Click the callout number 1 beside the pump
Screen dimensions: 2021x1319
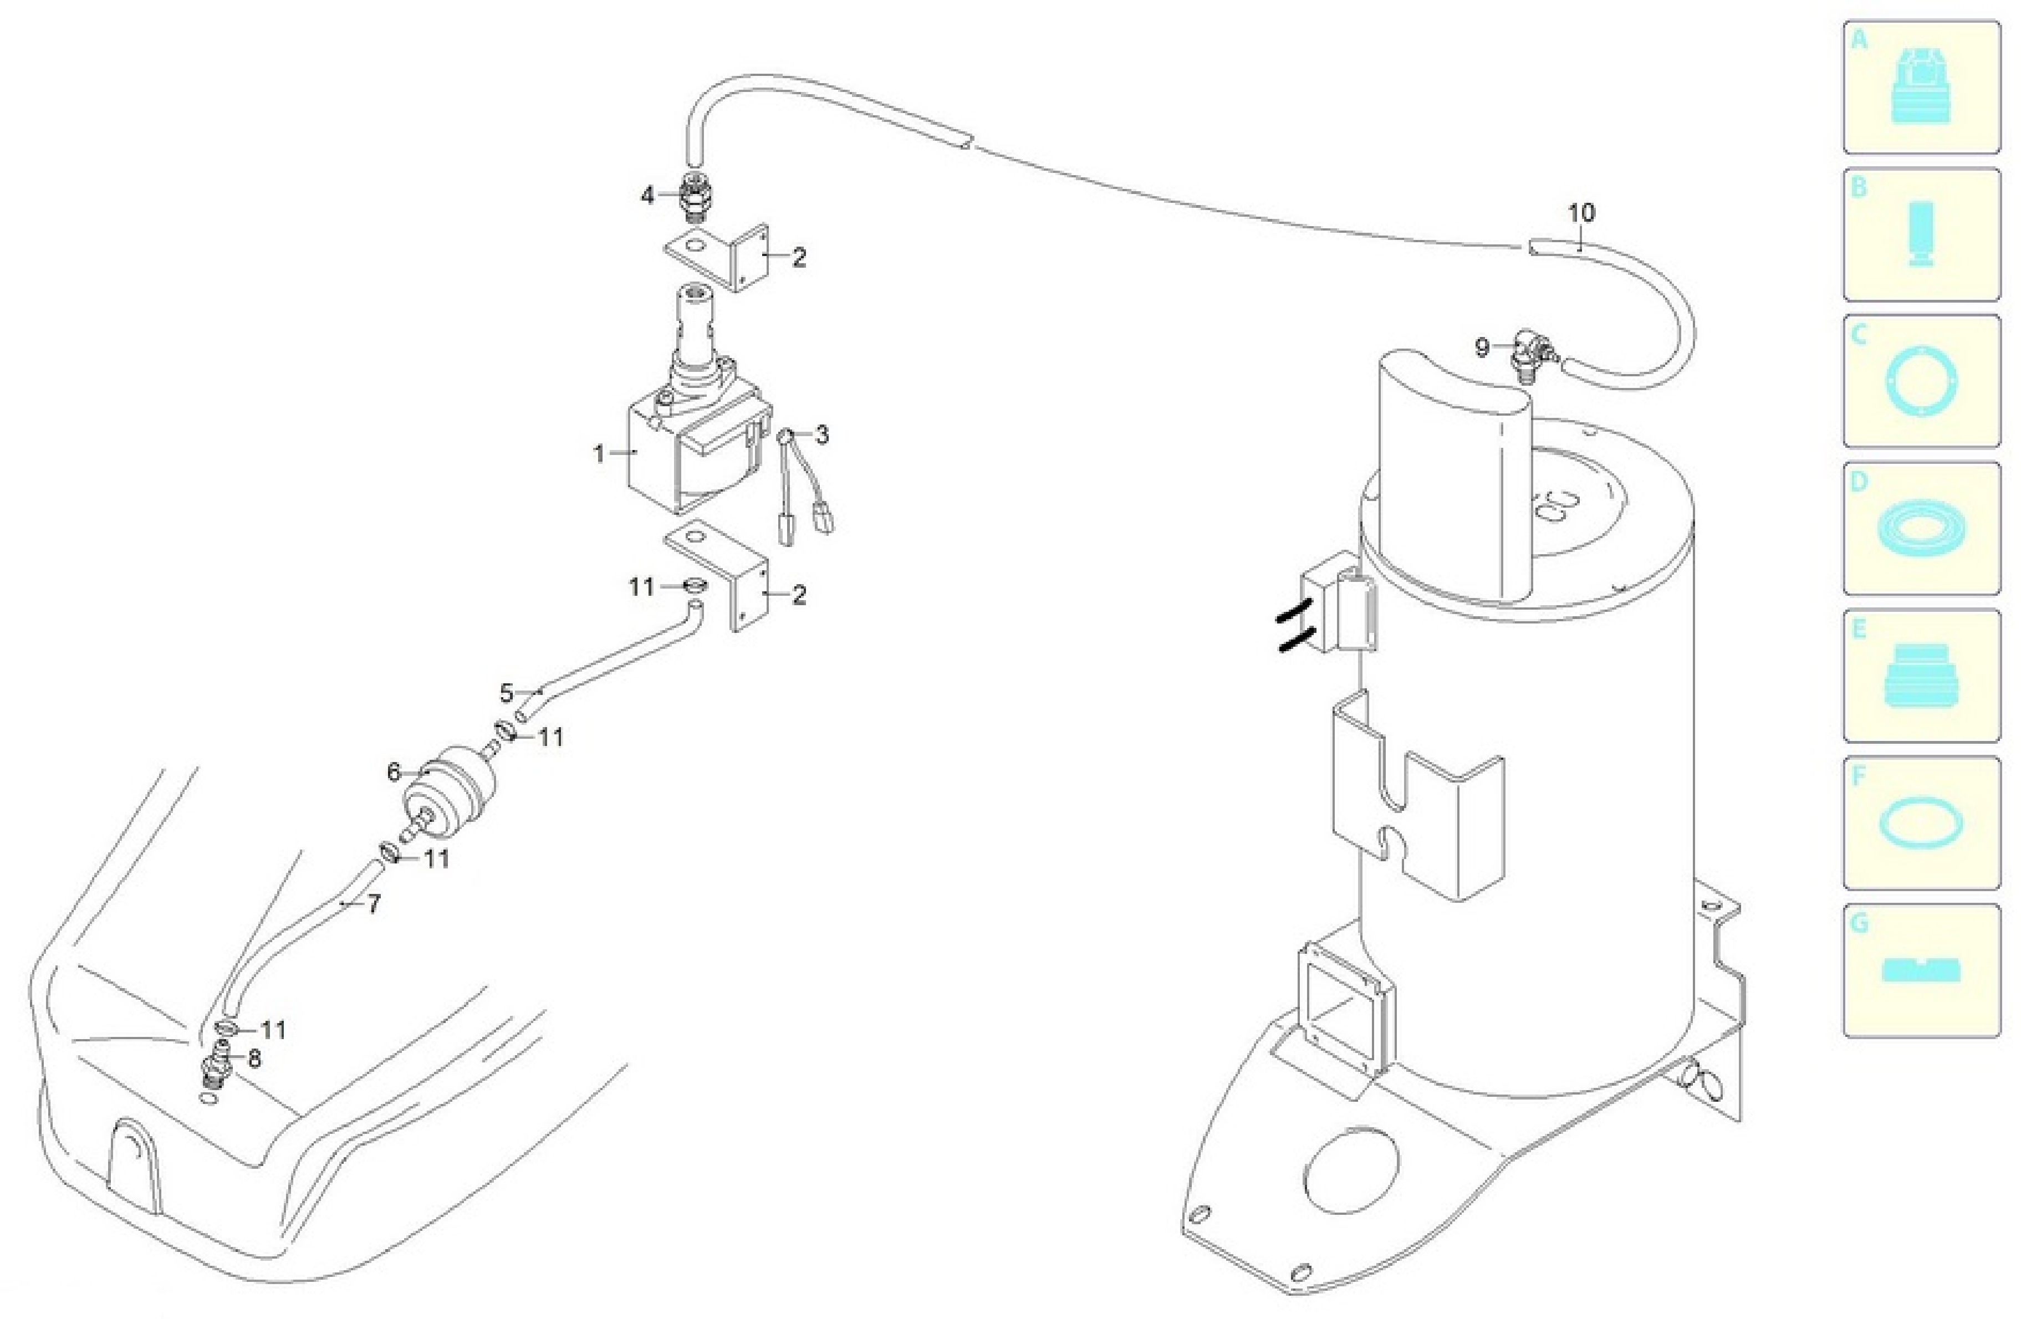(x=599, y=454)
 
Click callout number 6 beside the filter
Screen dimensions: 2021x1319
(x=393, y=773)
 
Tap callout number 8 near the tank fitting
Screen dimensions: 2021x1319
(x=254, y=1059)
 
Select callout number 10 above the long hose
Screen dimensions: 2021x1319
(x=1581, y=212)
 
